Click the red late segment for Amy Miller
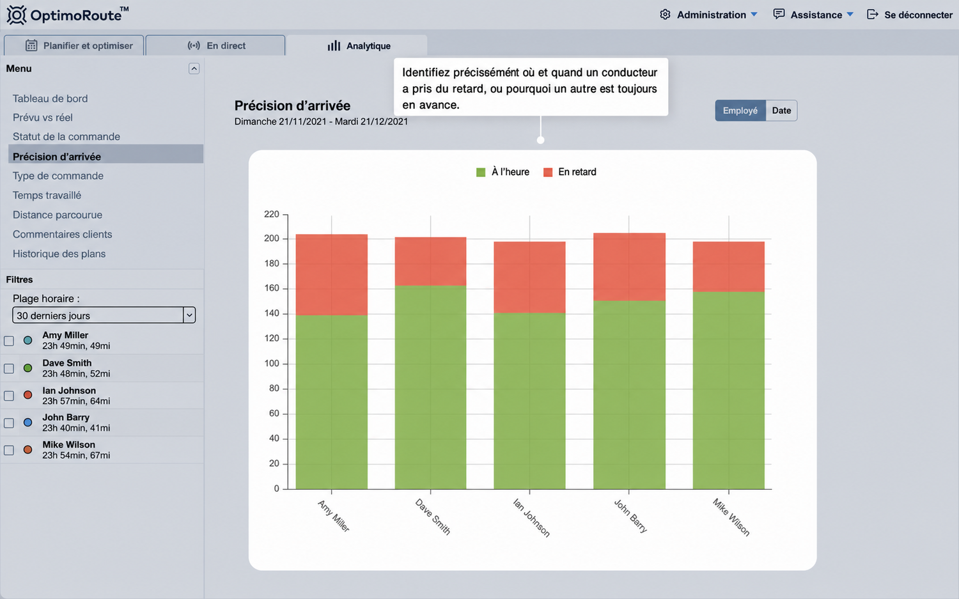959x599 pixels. [331, 274]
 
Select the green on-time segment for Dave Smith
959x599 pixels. [430, 387]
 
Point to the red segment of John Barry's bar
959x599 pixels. [629, 267]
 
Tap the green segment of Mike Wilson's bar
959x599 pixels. [729, 390]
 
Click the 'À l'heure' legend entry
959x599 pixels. [503, 172]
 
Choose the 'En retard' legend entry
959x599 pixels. [570, 172]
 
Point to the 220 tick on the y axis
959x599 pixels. [272, 214]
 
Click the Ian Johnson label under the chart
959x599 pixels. [531, 517]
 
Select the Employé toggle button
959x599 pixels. [740, 111]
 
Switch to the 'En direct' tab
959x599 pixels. [215, 46]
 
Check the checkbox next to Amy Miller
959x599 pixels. [9, 341]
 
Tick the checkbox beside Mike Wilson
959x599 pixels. [9, 450]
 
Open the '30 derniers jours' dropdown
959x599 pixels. [104, 315]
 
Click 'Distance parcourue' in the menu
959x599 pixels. [58, 215]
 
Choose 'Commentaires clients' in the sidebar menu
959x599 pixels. [62, 234]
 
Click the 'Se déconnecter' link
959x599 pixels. [909, 15]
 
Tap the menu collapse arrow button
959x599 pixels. [194, 68]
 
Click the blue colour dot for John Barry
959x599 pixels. [28, 423]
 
